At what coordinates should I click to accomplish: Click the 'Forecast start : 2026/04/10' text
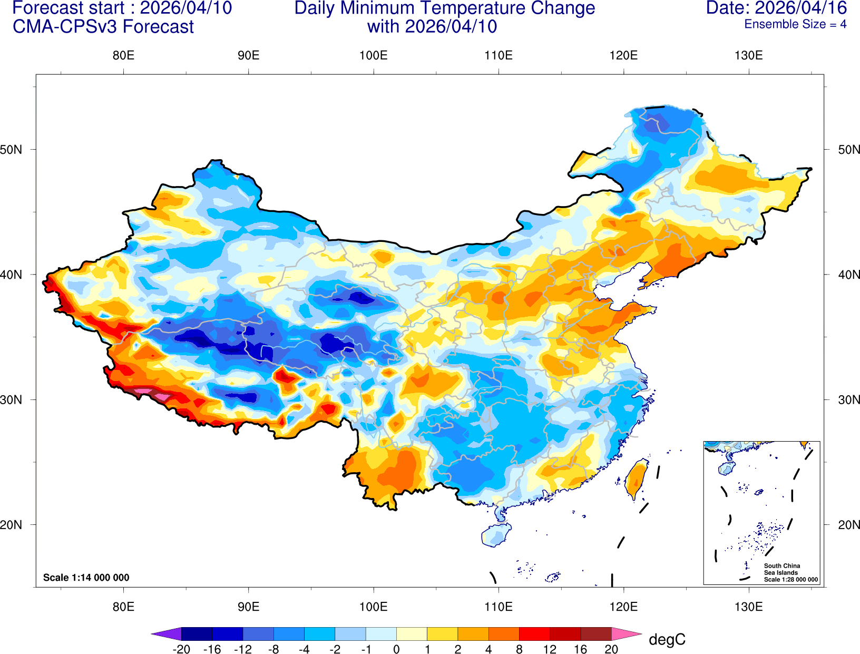point(122,8)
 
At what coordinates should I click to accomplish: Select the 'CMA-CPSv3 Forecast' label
point(103,26)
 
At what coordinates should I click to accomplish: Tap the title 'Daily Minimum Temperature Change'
point(444,8)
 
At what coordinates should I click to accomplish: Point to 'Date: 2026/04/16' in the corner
point(776,8)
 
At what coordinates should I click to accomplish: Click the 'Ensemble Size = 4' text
point(795,24)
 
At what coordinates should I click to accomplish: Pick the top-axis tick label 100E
point(373,55)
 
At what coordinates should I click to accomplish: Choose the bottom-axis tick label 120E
point(623,607)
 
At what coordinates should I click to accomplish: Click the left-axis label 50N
point(12,149)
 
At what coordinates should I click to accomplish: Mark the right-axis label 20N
point(848,524)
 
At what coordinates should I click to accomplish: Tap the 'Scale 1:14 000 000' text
point(86,578)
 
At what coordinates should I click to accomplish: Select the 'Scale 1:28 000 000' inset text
point(791,580)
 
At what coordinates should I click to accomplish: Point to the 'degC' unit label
point(667,640)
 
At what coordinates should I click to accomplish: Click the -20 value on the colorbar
point(181,649)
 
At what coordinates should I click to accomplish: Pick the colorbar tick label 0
point(396,649)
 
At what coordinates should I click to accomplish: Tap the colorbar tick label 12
point(550,649)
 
